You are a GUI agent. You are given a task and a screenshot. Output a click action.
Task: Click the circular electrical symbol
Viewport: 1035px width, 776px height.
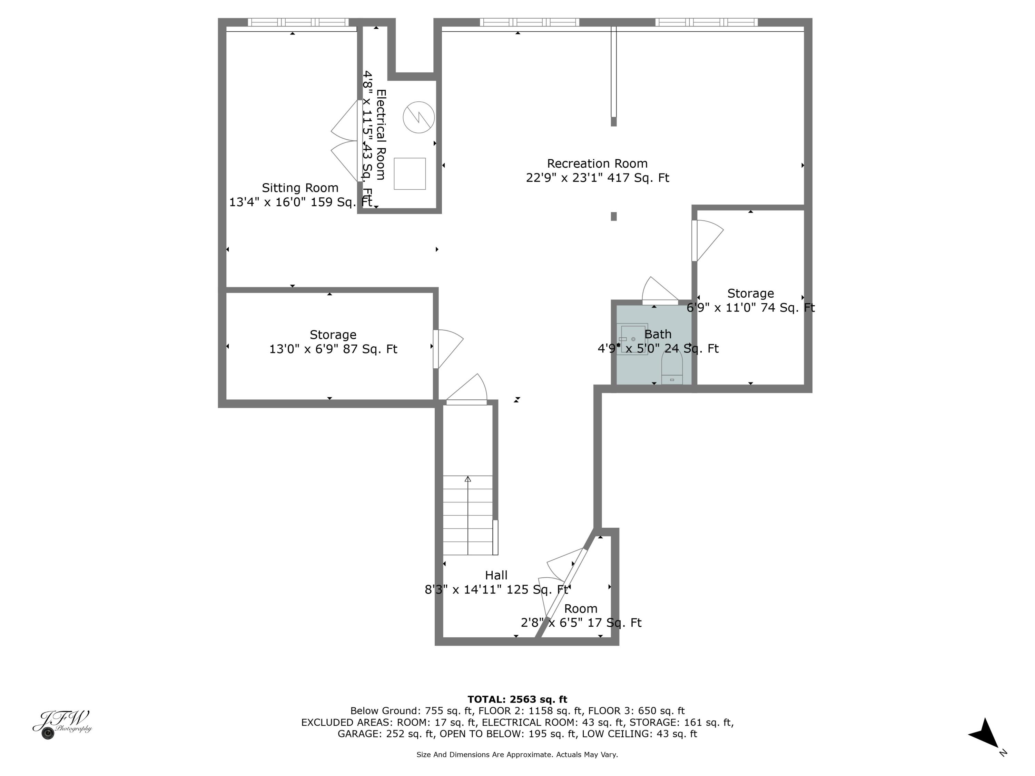coord(419,117)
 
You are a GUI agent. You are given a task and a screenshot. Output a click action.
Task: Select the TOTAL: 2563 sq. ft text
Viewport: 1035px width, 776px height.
coord(517,699)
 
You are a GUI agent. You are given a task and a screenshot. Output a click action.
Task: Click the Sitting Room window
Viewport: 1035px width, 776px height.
coord(298,22)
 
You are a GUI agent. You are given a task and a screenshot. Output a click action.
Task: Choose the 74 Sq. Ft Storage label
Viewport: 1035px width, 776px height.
coord(750,301)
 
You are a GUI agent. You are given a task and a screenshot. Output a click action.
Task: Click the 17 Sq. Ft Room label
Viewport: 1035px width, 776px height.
coord(581,616)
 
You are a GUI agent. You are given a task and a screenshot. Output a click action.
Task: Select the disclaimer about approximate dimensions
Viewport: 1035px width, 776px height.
coord(517,755)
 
